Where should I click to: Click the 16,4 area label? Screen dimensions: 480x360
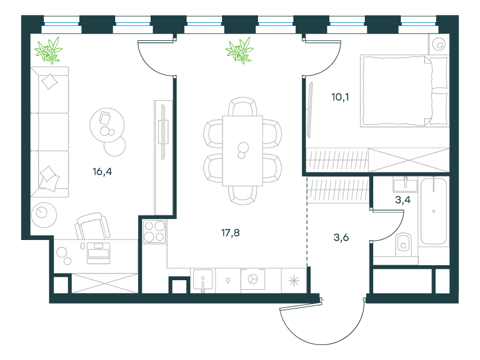[x=102, y=172]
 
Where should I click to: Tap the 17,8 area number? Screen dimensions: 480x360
[x=230, y=233]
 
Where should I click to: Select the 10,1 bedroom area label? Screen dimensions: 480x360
[x=340, y=97]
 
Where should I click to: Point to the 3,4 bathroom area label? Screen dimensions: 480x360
[x=403, y=200]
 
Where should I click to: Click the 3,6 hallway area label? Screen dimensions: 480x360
[x=341, y=237]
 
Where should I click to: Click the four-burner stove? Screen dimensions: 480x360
[x=155, y=231]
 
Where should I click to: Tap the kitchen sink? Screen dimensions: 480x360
[x=203, y=280]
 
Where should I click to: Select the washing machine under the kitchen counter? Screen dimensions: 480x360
[x=253, y=279]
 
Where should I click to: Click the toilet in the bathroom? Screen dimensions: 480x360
[x=403, y=245]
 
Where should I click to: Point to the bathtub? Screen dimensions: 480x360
[x=433, y=211]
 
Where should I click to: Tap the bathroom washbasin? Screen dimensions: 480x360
[x=406, y=185]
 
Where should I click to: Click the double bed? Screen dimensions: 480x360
[x=404, y=91]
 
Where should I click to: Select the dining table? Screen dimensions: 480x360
[x=242, y=151]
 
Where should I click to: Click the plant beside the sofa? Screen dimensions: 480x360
[x=49, y=50]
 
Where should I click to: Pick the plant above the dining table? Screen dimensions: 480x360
[x=239, y=50]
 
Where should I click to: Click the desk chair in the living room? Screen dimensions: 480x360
[x=92, y=227]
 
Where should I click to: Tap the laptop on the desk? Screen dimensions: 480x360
[x=98, y=253]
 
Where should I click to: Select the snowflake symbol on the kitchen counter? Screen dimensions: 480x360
[x=294, y=281]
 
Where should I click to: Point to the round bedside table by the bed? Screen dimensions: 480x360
[x=439, y=45]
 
